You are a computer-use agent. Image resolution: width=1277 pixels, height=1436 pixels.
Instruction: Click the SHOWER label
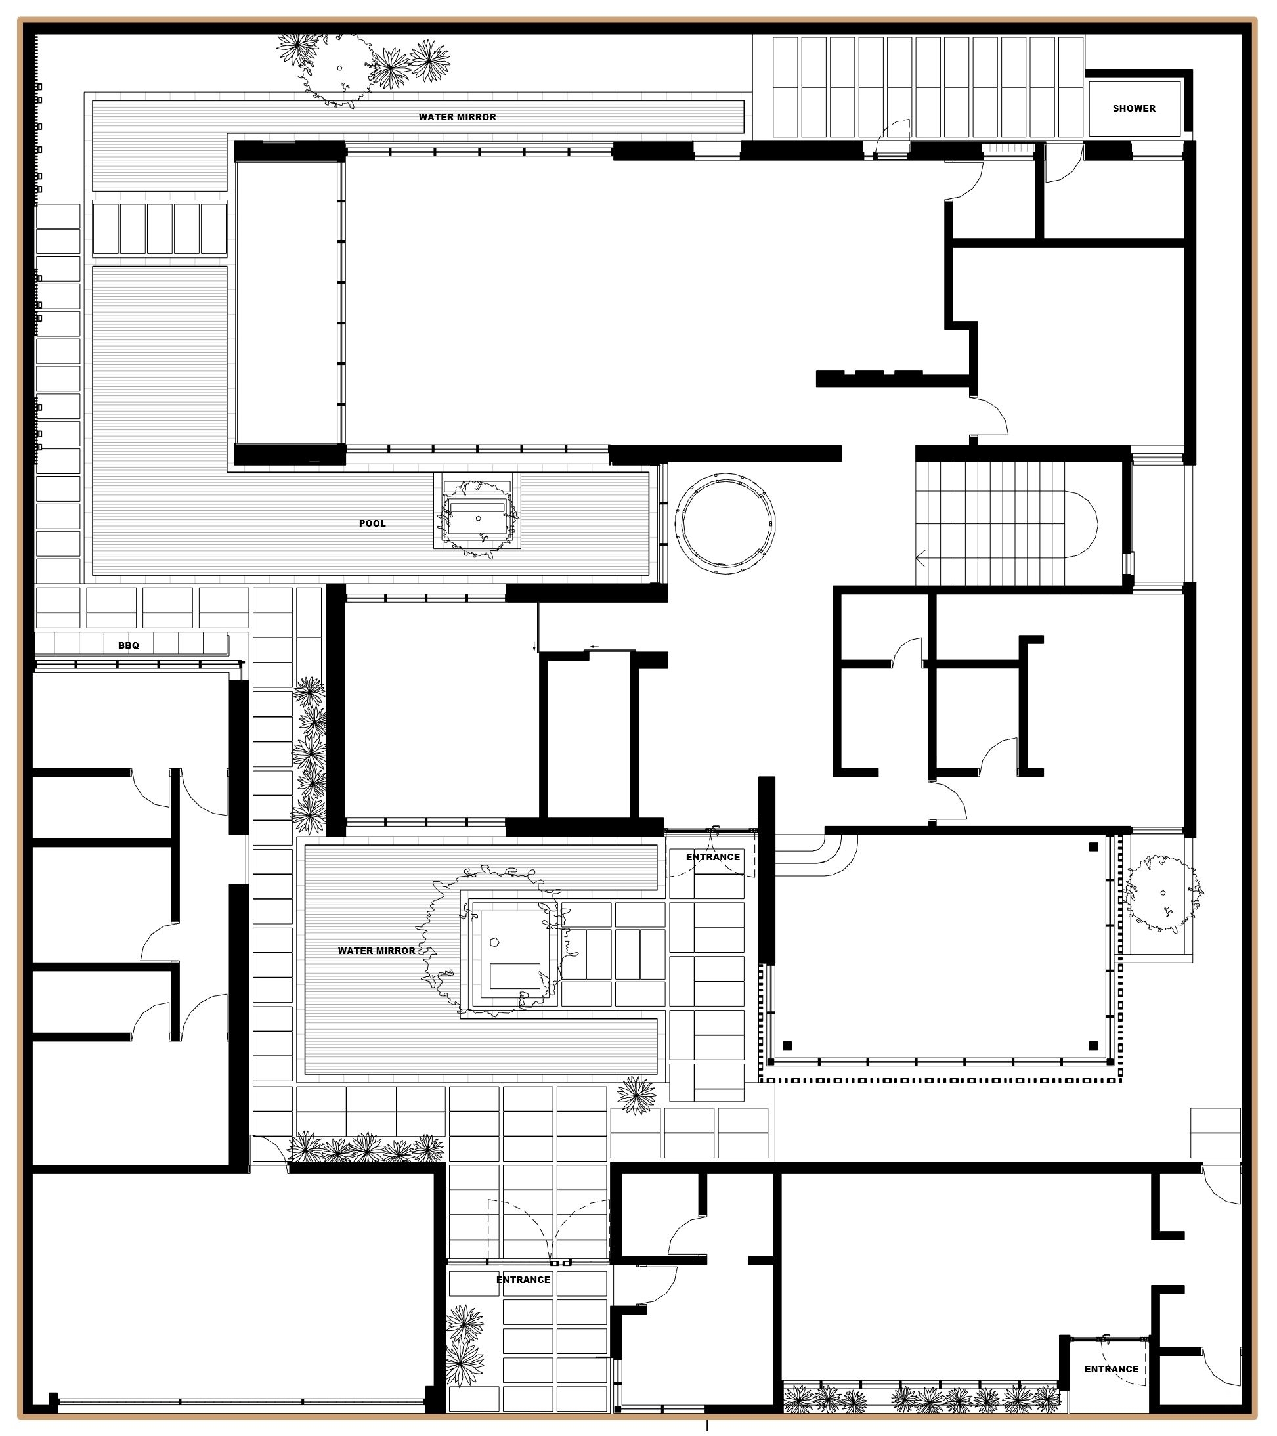[x=1134, y=108]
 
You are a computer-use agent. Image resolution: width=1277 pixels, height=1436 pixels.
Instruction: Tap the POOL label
[x=372, y=523]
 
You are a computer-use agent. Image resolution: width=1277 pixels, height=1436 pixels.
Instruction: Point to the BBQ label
[x=129, y=645]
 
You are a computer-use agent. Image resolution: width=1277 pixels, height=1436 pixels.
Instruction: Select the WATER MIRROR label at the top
[x=457, y=117]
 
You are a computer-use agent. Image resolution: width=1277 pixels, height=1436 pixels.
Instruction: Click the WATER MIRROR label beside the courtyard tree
[x=376, y=951]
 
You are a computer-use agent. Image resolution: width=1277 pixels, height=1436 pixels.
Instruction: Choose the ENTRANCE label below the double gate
[x=523, y=1279]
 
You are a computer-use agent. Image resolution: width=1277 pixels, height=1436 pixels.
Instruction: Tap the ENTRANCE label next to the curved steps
[x=713, y=856]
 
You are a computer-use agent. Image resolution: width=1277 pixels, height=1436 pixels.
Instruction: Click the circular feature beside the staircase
[x=725, y=523]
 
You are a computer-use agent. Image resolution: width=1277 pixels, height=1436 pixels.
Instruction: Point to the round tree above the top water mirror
[x=340, y=69]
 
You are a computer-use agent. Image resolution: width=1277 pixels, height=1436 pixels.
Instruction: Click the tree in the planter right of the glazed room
[x=1163, y=893]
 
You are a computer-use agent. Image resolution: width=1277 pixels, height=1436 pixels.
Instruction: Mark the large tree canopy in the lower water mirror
[x=492, y=942]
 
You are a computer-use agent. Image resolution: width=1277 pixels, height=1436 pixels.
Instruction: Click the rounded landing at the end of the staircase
[x=1082, y=524]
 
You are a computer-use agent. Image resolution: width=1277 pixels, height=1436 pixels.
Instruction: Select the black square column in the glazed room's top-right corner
[x=1093, y=846]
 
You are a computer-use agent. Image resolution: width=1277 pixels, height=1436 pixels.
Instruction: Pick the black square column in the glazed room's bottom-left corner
[x=787, y=1045]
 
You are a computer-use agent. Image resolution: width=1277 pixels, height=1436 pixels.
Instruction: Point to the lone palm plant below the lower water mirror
[x=636, y=1095]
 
